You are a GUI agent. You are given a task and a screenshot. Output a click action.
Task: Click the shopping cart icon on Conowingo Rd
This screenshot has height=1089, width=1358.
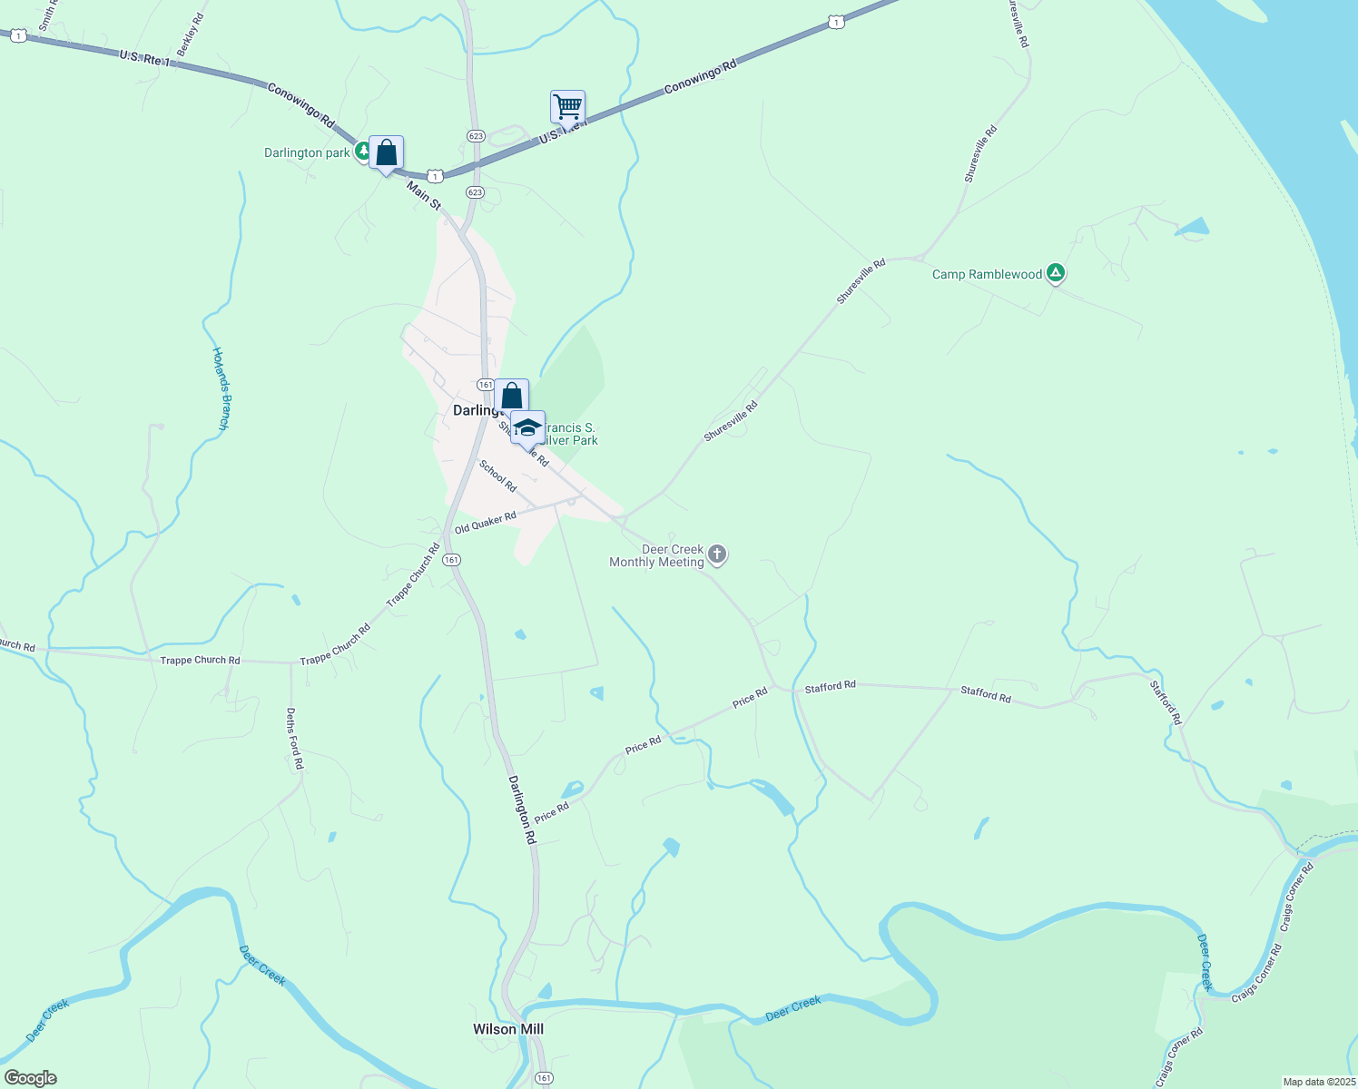pyautogui.click(x=567, y=107)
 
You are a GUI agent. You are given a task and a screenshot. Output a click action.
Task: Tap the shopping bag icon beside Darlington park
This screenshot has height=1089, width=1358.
pyautogui.click(x=387, y=152)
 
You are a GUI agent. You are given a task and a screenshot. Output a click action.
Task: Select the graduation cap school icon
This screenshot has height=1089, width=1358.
pyautogui.click(x=527, y=427)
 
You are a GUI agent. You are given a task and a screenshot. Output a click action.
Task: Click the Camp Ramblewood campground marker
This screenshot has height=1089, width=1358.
pyautogui.click(x=1055, y=272)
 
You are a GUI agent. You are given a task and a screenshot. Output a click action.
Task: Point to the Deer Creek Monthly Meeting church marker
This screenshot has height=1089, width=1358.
pyautogui.click(x=717, y=554)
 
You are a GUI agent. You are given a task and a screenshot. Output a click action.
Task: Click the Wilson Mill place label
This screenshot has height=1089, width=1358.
pyautogui.click(x=508, y=1029)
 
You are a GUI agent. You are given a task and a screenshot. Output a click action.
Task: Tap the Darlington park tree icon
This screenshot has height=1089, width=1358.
pyautogui.click(x=362, y=151)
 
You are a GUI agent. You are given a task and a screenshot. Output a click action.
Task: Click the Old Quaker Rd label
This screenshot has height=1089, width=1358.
pyautogui.click(x=485, y=523)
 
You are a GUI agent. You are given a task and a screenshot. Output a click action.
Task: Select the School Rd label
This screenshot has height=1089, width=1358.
pyautogui.click(x=497, y=476)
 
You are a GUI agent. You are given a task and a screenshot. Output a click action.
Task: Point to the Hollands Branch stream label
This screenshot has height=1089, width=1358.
pyautogui.click(x=221, y=388)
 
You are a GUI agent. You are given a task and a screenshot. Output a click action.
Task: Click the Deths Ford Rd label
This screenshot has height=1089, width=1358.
pyautogui.click(x=293, y=739)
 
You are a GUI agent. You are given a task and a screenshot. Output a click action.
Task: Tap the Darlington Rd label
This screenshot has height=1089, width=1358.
pyautogui.click(x=522, y=809)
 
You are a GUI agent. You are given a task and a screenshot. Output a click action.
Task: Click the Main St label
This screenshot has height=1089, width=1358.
pyautogui.click(x=424, y=196)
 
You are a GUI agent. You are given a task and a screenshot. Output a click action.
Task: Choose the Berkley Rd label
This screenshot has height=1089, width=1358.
pyautogui.click(x=191, y=35)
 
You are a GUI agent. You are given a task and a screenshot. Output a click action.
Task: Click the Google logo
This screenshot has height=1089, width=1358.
pyautogui.click(x=30, y=1078)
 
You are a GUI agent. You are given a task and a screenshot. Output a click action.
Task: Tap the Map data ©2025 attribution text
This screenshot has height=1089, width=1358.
pyautogui.click(x=1317, y=1082)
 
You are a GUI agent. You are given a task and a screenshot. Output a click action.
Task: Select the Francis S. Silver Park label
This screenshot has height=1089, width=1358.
pyautogui.click(x=570, y=434)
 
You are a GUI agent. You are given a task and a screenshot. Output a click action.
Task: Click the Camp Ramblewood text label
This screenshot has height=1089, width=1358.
pyautogui.click(x=987, y=274)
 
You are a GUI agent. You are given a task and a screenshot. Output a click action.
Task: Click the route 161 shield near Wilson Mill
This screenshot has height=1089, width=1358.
pyautogui.click(x=543, y=1077)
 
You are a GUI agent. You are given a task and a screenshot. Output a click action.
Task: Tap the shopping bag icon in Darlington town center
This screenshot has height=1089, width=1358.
pyautogui.click(x=511, y=396)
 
